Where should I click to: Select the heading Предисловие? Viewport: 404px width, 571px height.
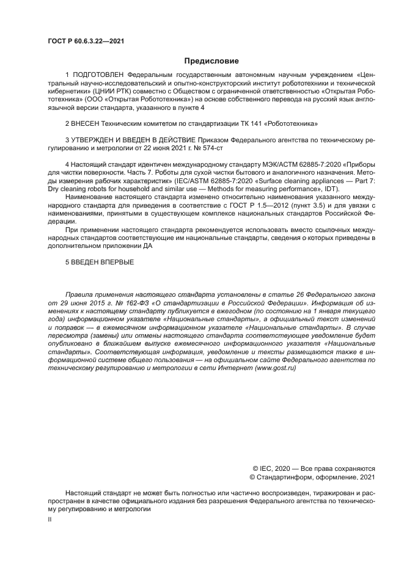(211, 60)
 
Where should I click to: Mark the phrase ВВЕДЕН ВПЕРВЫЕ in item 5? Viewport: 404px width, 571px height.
(103, 263)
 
